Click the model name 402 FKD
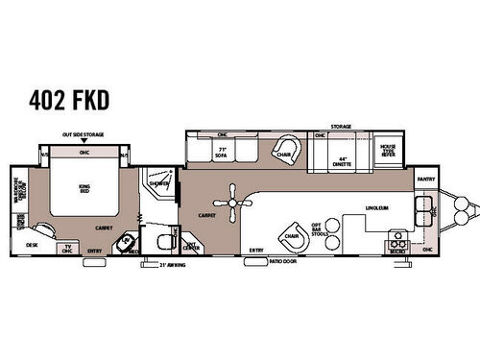(x=70, y=98)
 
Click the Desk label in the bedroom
(x=32, y=245)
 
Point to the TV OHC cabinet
(x=67, y=248)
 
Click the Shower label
(x=158, y=183)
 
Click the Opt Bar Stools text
(x=332, y=226)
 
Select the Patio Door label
(x=281, y=259)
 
